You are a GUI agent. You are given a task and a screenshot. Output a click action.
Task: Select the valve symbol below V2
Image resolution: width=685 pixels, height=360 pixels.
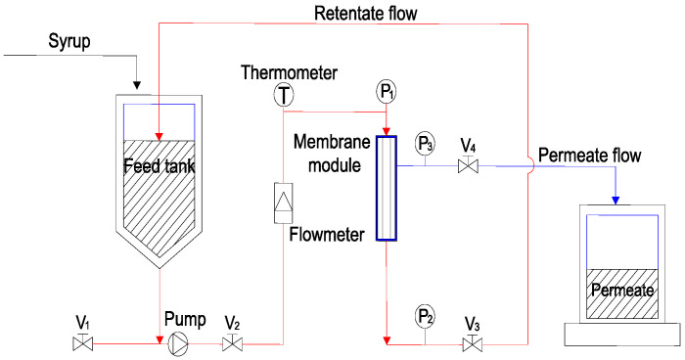[x=233, y=342]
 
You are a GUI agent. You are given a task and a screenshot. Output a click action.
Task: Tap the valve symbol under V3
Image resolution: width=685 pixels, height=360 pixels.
[x=473, y=342]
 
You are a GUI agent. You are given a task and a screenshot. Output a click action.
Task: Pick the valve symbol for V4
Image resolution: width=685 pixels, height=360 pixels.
[x=468, y=164]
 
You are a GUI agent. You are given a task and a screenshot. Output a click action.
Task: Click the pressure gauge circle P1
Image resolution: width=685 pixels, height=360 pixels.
[x=386, y=92]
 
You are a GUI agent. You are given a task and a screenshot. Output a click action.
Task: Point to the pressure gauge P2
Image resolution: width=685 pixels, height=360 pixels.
[x=425, y=318]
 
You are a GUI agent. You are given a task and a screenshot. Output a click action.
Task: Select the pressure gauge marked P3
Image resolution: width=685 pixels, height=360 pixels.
[x=425, y=143]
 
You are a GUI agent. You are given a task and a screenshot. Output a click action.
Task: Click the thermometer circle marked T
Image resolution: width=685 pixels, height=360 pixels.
[x=284, y=95]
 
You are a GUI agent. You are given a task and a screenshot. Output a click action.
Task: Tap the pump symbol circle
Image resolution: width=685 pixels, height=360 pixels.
[x=178, y=343]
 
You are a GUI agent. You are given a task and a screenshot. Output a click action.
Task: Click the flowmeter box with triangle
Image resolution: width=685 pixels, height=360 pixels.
[x=283, y=203]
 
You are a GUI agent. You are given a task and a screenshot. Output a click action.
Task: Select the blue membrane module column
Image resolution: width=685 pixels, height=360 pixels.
[x=387, y=188]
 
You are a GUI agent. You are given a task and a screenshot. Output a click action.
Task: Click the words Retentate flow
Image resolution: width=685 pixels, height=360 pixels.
[x=366, y=13]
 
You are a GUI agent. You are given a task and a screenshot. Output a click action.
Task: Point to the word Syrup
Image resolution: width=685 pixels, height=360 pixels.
[x=69, y=42]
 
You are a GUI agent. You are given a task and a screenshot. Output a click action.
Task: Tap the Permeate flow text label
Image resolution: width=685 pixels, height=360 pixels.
[x=590, y=156]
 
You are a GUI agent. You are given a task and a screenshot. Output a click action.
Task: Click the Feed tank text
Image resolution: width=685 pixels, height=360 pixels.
[x=159, y=166]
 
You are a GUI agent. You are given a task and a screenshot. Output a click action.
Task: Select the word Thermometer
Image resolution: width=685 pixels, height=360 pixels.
[x=290, y=72]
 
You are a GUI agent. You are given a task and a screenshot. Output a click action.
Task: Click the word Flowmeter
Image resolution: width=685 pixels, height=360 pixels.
[x=327, y=235]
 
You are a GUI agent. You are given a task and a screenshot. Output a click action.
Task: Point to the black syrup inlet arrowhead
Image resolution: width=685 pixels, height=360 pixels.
[x=137, y=85]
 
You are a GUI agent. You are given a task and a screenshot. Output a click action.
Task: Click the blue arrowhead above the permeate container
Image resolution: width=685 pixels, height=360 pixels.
[x=616, y=201]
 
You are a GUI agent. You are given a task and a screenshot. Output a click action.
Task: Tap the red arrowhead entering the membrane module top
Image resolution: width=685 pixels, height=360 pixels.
[x=387, y=131]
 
